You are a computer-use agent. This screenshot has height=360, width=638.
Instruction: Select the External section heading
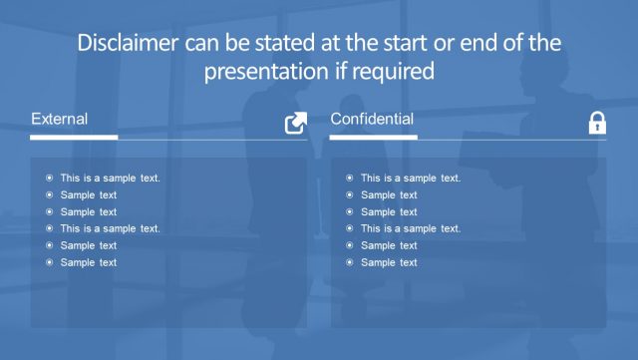pyautogui.click(x=60, y=120)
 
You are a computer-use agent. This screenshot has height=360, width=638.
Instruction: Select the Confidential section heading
pyautogui.click(x=372, y=120)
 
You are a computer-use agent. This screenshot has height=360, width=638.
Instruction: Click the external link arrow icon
pyautogui.click(x=296, y=123)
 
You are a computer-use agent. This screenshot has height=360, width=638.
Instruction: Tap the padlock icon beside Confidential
pyautogui.click(x=596, y=123)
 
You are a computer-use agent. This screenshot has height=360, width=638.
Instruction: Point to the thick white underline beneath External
pyautogui.click(x=75, y=137)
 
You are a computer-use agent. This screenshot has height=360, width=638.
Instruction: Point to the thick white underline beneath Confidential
pyautogui.click(x=373, y=137)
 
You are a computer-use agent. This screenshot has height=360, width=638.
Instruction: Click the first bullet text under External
pyautogui.click(x=110, y=179)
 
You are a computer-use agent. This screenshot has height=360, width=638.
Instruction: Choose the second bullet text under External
pyautogui.click(x=88, y=195)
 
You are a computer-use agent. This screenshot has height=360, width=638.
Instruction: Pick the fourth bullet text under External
pyautogui.click(x=110, y=228)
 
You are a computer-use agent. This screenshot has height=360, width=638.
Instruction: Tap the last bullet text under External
pyautogui.click(x=88, y=262)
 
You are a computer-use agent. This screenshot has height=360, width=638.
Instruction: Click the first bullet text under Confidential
pyautogui.click(x=410, y=179)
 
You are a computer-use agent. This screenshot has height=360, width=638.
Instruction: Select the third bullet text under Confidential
pyautogui.click(x=389, y=211)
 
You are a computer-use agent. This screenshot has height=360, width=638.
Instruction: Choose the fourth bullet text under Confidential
pyautogui.click(x=410, y=228)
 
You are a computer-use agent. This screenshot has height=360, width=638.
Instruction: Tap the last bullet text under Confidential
pyautogui.click(x=389, y=262)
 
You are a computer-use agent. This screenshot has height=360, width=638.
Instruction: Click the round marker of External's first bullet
pyautogui.click(x=49, y=179)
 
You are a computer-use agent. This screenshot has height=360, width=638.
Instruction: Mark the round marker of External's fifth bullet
pyautogui.click(x=49, y=245)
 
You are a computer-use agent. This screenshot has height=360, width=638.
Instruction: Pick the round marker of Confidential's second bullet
pyautogui.click(x=349, y=195)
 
